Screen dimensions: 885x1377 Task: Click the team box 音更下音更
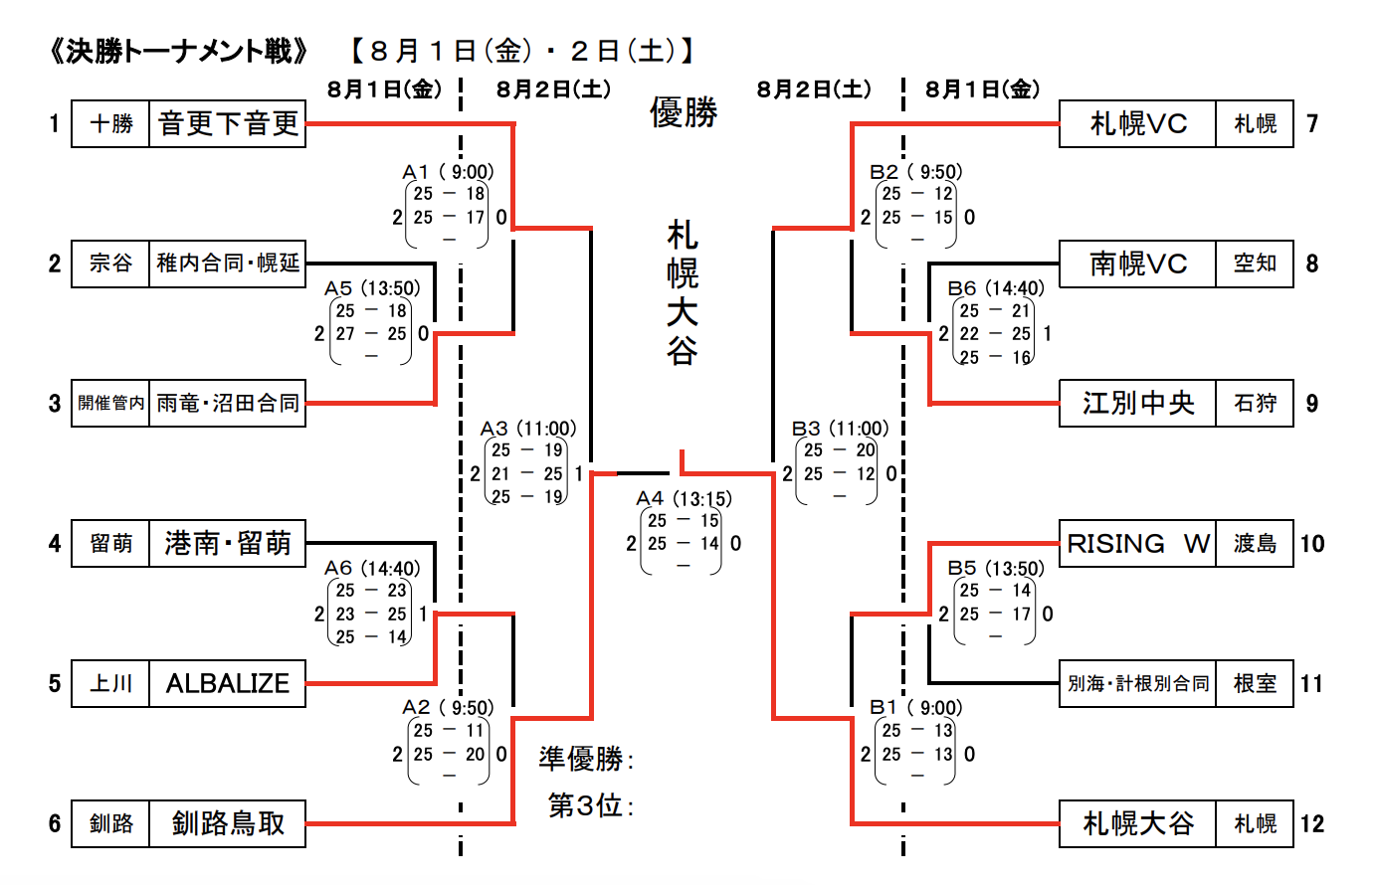click(228, 123)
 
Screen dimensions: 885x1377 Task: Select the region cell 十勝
click(110, 123)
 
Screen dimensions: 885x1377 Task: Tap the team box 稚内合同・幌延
click(228, 264)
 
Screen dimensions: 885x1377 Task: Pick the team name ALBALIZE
click(228, 683)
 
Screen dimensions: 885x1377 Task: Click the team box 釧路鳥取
click(228, 823)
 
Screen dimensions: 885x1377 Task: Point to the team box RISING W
click(1137, 543)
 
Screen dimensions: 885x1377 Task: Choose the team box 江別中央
click(1137, 403)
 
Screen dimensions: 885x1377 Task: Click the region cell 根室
click(1255, 683)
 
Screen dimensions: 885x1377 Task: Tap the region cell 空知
click(1255, 264)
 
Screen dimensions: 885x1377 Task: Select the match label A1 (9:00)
click(448, 172)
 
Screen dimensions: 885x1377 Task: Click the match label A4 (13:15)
click(684, 498)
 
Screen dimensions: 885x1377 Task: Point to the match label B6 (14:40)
click(995, 288)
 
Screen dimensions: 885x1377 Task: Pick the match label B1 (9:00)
click(915, 708)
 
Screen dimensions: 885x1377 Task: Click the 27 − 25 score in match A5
click(371, 334)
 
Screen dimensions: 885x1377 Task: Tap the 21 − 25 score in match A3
click(526, 474)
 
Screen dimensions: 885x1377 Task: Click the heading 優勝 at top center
click(684, 112)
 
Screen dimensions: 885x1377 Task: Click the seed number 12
click(1312, 823)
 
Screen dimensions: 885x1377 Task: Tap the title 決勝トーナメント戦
click(179, 51)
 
